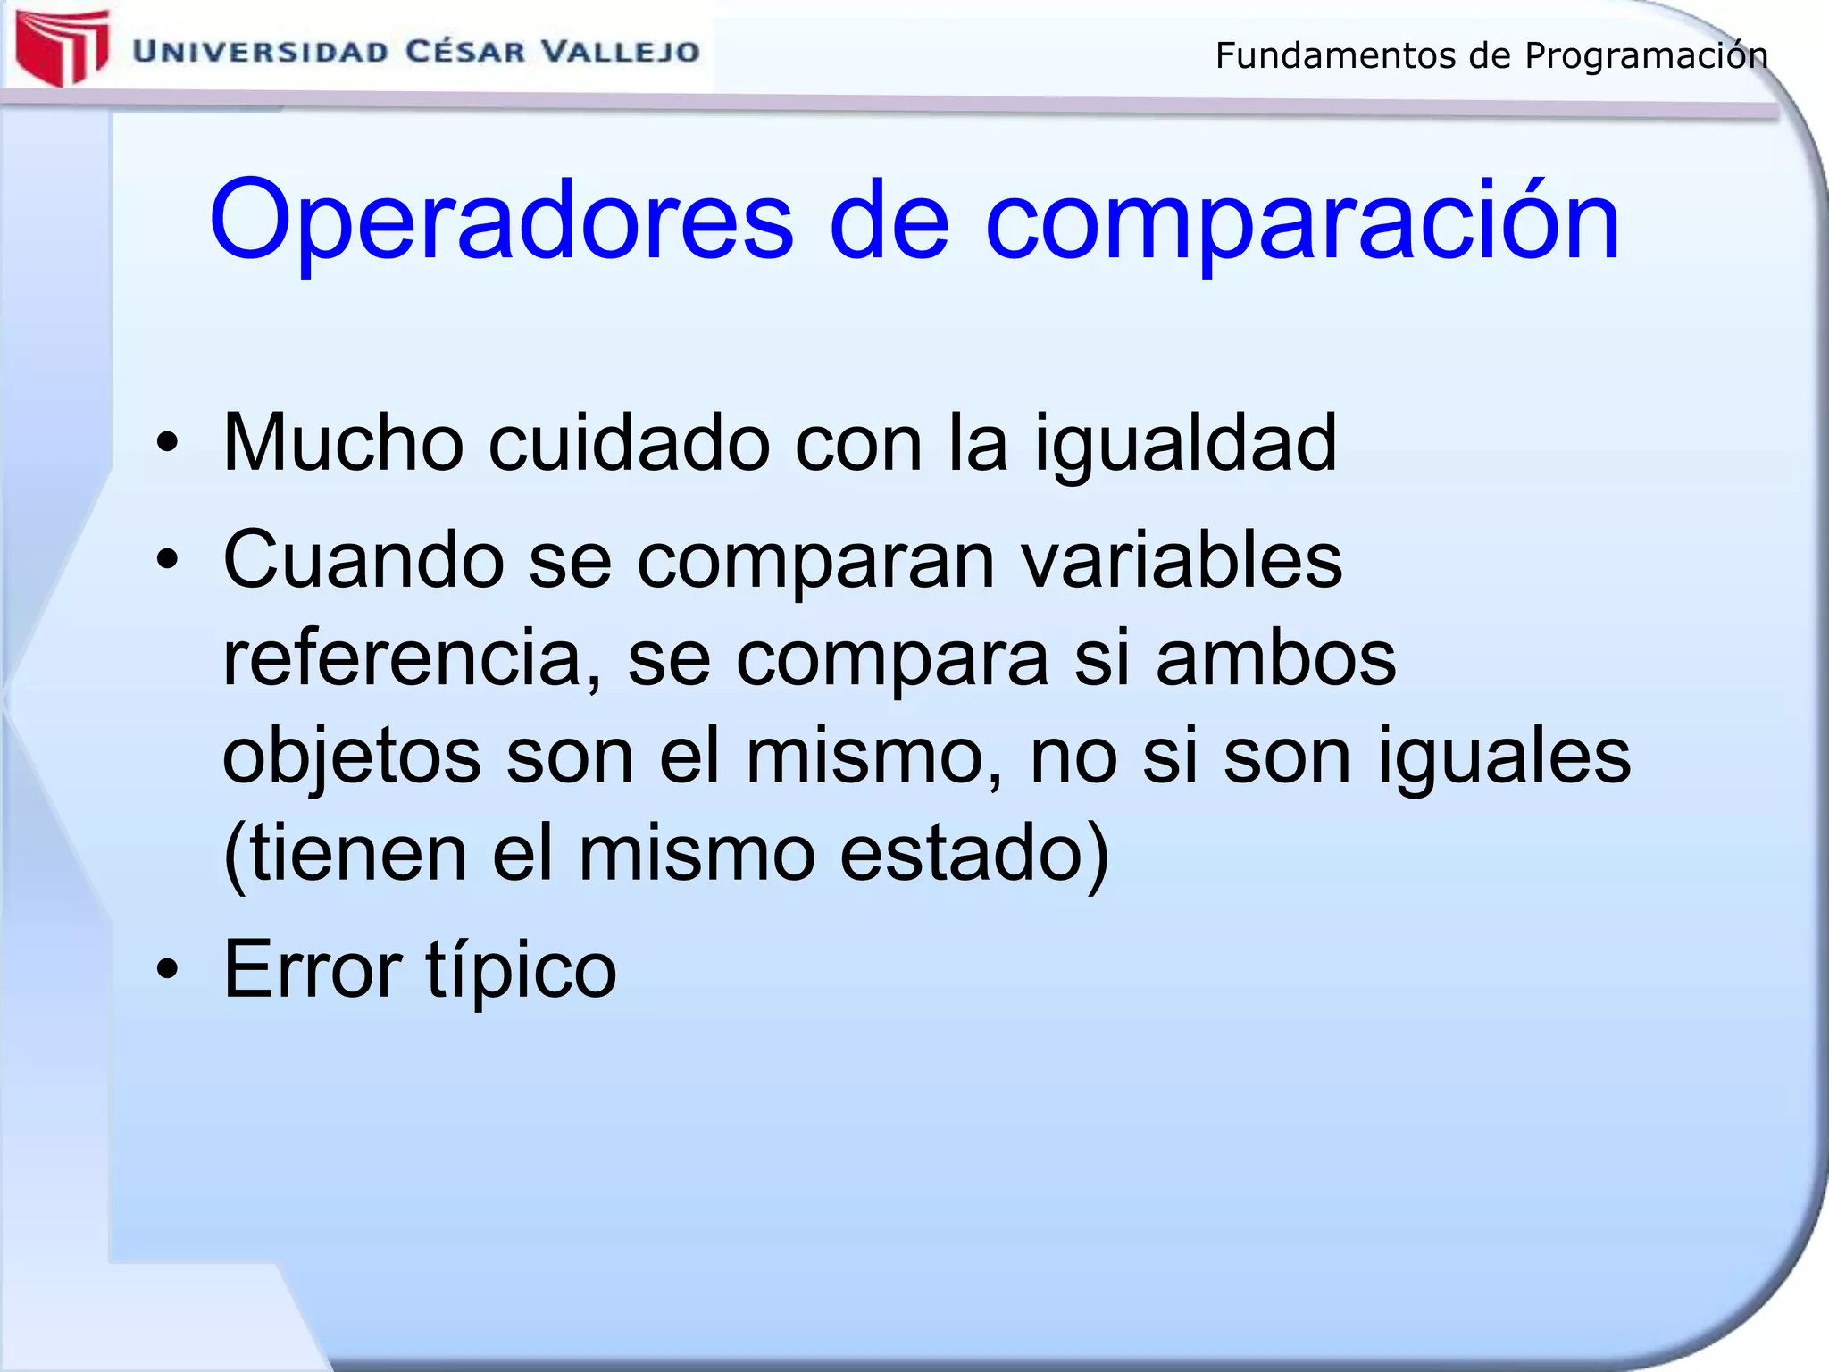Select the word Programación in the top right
1646,56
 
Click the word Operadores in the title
500,221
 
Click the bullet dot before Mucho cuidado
167,443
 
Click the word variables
1181,560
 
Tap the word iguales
1504,757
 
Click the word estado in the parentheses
973,854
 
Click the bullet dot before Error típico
167,970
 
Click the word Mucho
343,443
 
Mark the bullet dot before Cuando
167,560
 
